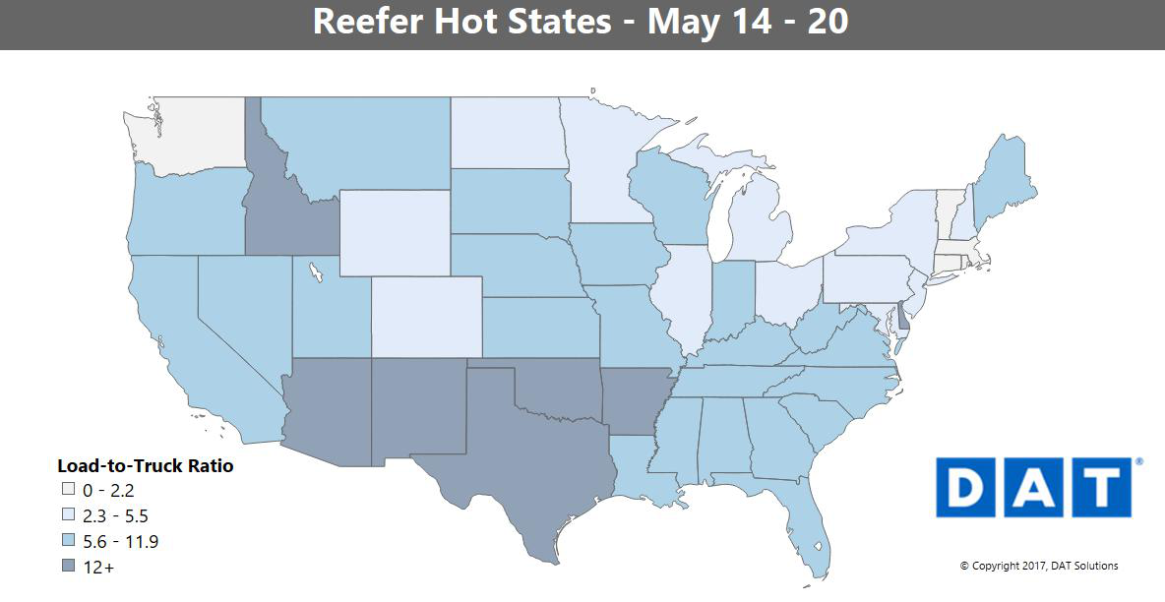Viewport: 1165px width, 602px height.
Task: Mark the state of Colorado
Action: (x=426, y=315)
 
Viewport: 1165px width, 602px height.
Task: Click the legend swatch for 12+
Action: (x=68, y=568)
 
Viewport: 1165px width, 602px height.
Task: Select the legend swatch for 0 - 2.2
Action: (x=68, y=489)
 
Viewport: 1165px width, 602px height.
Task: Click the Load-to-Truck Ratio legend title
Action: (x=146, y=466)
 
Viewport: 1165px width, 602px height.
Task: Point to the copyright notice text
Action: (x=1039, y=566)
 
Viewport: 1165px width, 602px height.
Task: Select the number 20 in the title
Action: (x=828, y=21)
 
